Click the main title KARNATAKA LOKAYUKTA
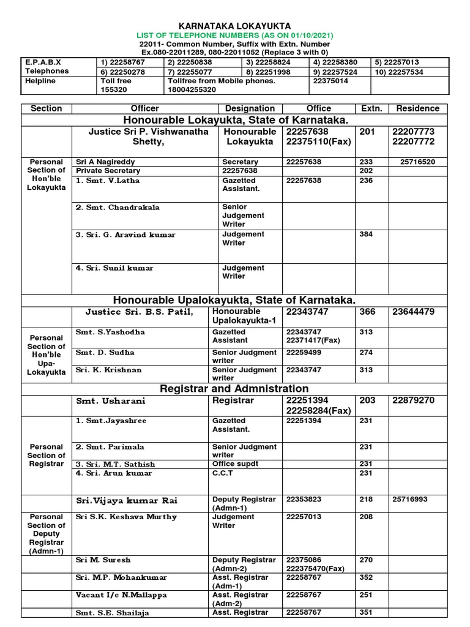[235, 24]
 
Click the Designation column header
[250, 108]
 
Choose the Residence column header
[418, 108]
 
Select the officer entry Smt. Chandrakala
[118, 208]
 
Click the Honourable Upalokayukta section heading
[234, 300]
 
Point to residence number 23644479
[414, 312]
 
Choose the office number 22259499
[307, 353]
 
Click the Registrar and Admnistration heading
[234, 389]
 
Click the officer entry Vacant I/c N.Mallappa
[121, 595]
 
